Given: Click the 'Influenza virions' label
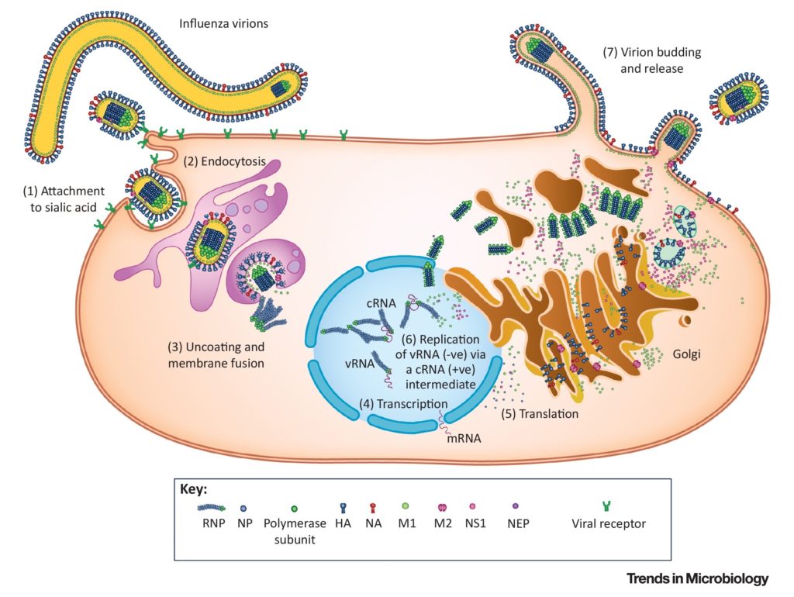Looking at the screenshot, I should [223, 24].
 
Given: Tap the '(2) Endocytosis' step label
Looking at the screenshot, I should [225, 162].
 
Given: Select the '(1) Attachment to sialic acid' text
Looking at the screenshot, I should [61, 198].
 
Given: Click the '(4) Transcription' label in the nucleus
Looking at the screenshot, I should [402, 404].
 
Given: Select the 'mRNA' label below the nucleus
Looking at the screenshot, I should [464, 437].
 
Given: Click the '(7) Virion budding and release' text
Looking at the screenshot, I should [652, 60].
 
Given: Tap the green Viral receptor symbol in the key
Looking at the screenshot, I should [608, 507].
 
